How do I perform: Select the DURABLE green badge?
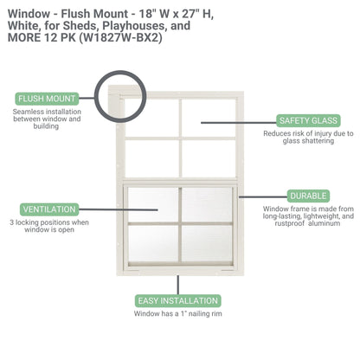(x=309, y=196)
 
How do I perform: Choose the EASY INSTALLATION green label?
(x=178, y=300)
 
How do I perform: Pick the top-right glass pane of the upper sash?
(x=207, y=114)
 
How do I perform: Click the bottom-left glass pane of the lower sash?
(x=152, y=247)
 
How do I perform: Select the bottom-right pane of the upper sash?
(x=207, y=156)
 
